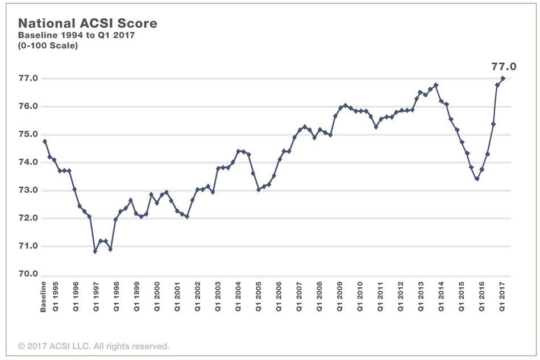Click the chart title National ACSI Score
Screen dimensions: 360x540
[x=88, y=23]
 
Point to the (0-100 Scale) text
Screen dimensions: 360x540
[x=48, y=45]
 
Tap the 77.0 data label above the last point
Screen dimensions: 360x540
[x=504, y=67]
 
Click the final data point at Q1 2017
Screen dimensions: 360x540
[x=502, y=78]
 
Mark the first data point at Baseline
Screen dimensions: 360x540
[x=44, y=141]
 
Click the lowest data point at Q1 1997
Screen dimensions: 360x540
[x=95, y=251]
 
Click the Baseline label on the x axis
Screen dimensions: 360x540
[x=44, y=296]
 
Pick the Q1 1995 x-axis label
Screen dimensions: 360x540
[x=55, y=295]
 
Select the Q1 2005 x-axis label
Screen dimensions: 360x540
[x=259, y=295]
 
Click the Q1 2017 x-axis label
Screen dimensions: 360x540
[x=502, y=295]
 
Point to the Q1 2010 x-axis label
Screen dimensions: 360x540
[x=360, y=295]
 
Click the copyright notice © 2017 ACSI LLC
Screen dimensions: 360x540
[x=94, y=346]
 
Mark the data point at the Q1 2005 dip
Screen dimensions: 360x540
[x=259, y=189]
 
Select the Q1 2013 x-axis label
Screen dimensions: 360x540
[x=421, y=295]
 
